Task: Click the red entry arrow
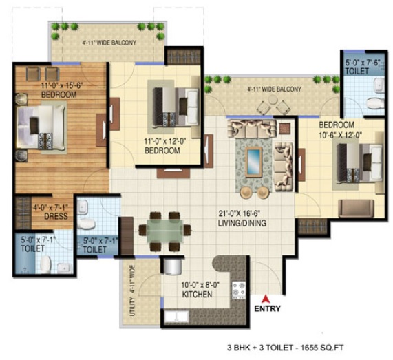pos(266,299)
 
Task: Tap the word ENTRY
pos(267,308)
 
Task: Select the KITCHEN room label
pos(197,295)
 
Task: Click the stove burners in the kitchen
pos(239,289)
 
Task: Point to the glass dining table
pos(165,230)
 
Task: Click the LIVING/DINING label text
pos(242,223)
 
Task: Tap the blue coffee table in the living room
pos(254,162)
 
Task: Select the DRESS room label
pos(56,216)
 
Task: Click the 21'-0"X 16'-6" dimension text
pos(240,214)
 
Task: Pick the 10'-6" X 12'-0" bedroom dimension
pos(341,136)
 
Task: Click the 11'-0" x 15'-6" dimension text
pos(62,85)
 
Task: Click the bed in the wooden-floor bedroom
pos(41,127)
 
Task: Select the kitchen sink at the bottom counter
pos(177,317)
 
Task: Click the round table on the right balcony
pos(273,100)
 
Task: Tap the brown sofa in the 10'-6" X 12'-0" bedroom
pos(356,209)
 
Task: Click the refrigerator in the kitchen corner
pos(172,267)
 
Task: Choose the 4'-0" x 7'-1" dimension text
pos(51,208)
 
